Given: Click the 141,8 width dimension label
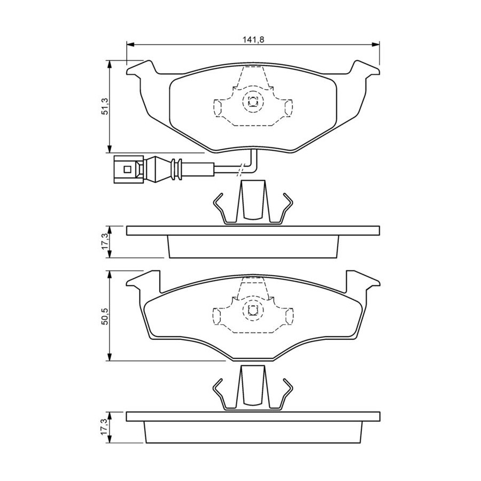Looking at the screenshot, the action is pyautogui.click(x=253, y=40).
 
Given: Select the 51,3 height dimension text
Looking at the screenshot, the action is pyautogui.click(x=105, y=106).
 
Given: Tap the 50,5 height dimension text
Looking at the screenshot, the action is pyautogui.click(x=105, y=316).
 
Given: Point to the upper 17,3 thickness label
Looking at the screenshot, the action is pyautogui.click(x=105, y=241).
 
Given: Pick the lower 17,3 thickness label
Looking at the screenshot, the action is pyautogui.click(x=105, y=426).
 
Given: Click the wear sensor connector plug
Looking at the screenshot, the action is pyautogui.click(x=129, y=169).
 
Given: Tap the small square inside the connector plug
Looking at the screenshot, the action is pyautogui.click(x=127, y=169).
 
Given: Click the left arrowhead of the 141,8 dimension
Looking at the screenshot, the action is pyautogui.click(x=130, y=45).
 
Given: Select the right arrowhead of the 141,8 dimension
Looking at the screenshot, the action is pyautogui.click(x=376, y=45).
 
